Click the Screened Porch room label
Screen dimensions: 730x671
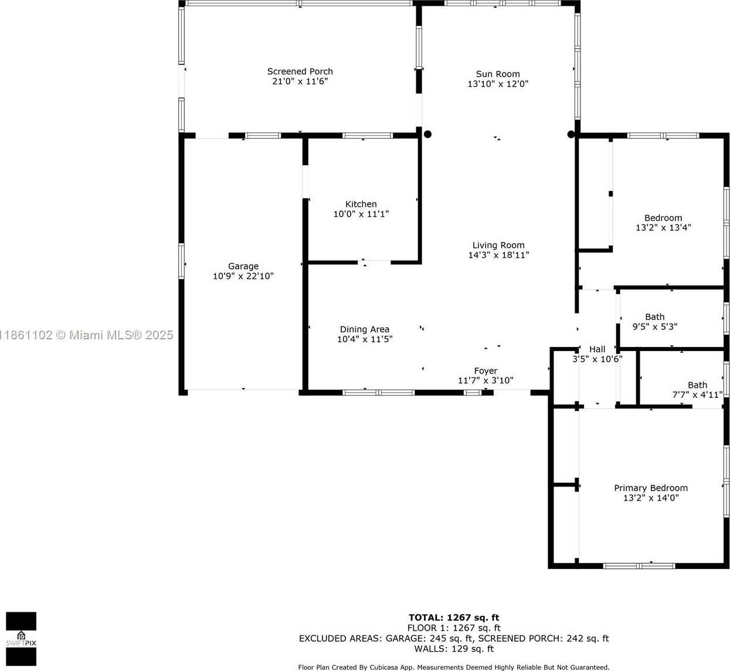pos(300,71)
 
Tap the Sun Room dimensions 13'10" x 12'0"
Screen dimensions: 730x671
pos(497,84)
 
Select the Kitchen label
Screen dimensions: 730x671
pos(361,204)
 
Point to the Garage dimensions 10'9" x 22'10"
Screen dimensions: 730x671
pos(243,276)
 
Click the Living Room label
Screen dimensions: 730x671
pos(498,246)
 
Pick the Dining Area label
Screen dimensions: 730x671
pos(364,329)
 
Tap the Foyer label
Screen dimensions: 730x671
pos(485,370)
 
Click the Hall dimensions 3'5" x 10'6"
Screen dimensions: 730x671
pos(597,359)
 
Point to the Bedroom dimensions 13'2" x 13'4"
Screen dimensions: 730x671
pos(663,227)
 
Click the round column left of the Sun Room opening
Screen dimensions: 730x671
pos(428,134)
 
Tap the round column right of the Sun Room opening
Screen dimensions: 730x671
pos(571,134)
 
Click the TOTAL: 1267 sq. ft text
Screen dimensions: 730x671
pos(453,617)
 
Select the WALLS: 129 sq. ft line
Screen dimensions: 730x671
pos(454,648)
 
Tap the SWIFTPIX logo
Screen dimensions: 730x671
pos(21,639)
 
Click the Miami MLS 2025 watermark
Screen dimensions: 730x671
pos(87,335)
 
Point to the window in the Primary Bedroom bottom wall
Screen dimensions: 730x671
pos(639,566)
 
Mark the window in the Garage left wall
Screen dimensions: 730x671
pos(181,261)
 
